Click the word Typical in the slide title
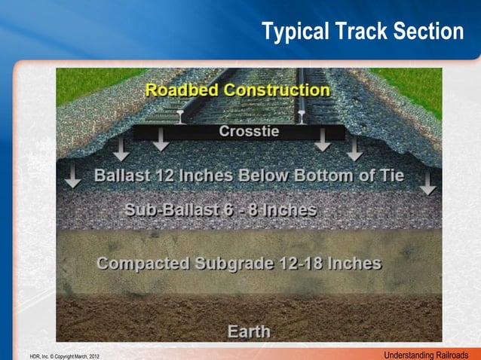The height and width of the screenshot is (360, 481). point(291,32)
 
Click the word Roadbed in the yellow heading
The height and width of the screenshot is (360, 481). point(179,90)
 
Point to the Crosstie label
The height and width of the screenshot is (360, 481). point(249,131)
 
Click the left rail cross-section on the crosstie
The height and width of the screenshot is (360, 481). point(181,117)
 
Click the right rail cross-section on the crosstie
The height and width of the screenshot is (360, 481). point(302,117)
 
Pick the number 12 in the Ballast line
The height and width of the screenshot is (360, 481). point(165,176)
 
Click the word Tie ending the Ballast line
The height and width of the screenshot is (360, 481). point(391,176)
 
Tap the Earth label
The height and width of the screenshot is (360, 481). point(249,331)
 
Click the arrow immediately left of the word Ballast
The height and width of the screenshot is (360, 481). point(73,175)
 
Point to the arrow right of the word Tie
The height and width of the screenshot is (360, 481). point(427,182)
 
